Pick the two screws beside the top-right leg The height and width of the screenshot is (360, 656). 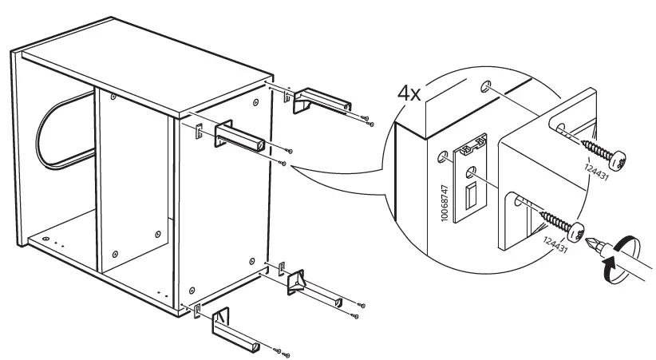point(366,121)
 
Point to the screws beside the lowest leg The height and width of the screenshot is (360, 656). point(282,351)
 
